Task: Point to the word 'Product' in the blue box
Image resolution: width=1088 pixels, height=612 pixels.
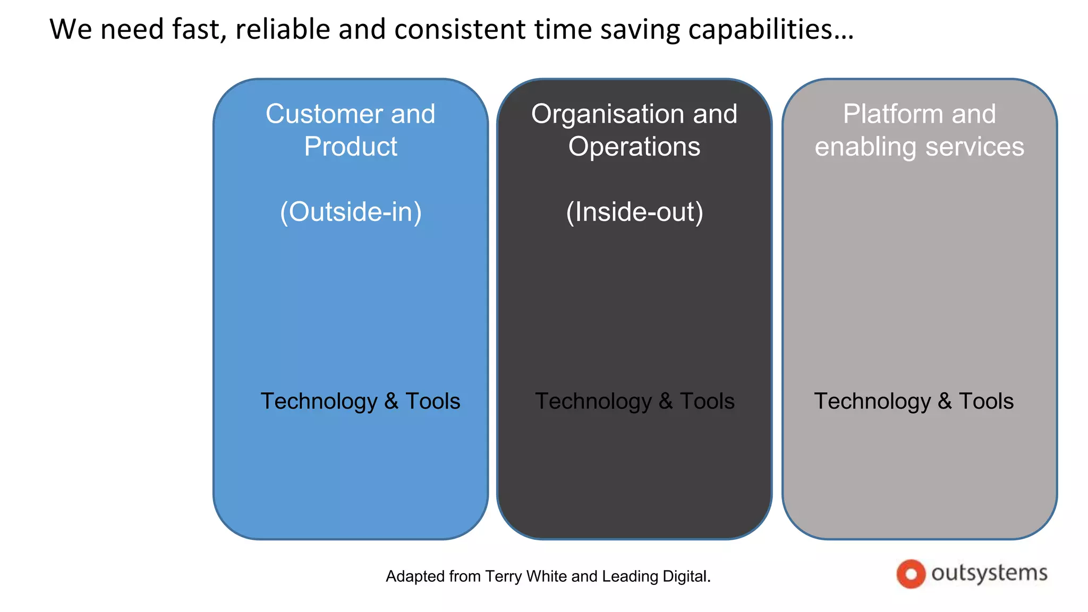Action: (x=351, y=147)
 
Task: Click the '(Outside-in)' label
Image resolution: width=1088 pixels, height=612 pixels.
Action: (x=351, y=212)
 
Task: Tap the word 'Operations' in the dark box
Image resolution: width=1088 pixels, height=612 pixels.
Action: (x=634, y=147)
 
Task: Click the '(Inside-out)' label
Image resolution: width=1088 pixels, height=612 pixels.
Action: (x=634, y=212)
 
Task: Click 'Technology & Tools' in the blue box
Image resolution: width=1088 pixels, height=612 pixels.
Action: (x=360, y=401)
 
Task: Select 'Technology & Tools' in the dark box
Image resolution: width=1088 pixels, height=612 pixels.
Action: (x=634, y=401)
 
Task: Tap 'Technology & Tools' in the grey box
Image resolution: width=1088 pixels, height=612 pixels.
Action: (x=914, y=401)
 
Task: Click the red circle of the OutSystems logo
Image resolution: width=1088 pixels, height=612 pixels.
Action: (x=911, y=574)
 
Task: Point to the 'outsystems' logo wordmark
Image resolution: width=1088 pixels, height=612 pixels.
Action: (x=989, y=573)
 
